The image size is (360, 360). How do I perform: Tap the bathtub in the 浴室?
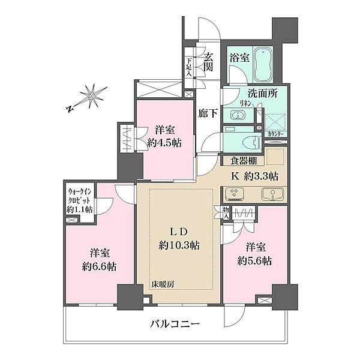(x=262, y=65)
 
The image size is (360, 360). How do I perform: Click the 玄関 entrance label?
(x=208, y=61)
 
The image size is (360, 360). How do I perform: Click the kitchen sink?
(x=273, y=194)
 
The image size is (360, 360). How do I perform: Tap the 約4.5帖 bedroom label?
(x=164, y=136)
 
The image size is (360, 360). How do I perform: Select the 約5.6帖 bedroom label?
(x=255, y=254)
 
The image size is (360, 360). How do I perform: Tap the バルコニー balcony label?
(x=175, y=325)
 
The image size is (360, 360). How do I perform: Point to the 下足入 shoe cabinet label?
(x=188, y=64)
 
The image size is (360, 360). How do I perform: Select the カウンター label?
(x=276, y=134)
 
